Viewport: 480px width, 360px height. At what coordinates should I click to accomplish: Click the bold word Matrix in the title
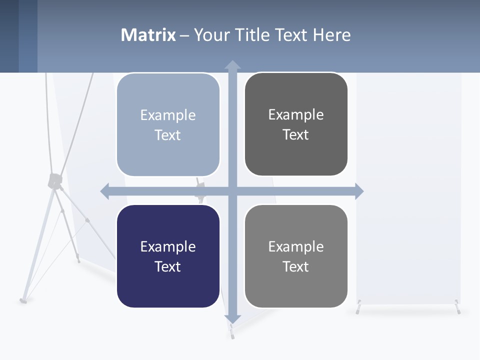pos(148,35)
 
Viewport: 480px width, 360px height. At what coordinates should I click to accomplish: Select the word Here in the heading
pos(331,35)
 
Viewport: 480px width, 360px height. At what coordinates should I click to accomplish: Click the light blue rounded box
pos(168,125)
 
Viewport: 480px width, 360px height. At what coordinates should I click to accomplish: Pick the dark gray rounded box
pos(296,124)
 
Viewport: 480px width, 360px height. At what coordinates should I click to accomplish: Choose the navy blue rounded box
pos(168,256)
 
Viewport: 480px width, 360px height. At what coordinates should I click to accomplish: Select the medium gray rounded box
pos(296,256)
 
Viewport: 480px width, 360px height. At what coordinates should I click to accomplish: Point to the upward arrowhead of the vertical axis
pos(232,64)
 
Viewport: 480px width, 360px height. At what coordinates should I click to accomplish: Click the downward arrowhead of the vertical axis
pos(232,319)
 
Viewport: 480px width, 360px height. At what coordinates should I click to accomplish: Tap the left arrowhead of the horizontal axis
pos(105,191)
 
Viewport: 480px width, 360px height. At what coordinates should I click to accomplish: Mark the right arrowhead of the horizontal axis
pos(359,191)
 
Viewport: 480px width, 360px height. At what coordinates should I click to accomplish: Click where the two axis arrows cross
pos(232,191)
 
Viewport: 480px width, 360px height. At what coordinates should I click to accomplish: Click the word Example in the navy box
pos(168,246)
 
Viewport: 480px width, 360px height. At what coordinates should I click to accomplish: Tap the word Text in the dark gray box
pos(296,134)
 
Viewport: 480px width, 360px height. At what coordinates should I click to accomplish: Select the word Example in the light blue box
pos(168,115)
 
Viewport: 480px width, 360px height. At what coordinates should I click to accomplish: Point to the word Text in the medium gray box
pos(296,266)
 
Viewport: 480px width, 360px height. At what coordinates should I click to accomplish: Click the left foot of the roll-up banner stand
pos(358,309)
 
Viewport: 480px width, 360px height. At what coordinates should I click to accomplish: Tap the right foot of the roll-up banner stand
pos(457,308)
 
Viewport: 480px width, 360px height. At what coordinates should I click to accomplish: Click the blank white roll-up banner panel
pos(408,190)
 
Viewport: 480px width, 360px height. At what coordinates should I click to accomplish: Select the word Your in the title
pos(211,35)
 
